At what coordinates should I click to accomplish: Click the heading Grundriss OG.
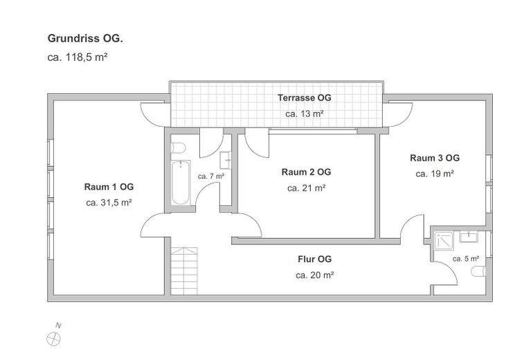click(85, 39)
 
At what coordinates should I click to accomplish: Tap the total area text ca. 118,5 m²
click(78, 57)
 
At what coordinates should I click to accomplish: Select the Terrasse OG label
click(304, 98)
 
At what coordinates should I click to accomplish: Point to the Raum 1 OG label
click(109, 186)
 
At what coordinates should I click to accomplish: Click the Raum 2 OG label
click(306, 172)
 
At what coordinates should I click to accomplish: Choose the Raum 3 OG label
click(435, 158)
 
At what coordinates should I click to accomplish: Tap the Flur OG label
click(314, 259)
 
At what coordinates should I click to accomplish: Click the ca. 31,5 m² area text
click(109, 203)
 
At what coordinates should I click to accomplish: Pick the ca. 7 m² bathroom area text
click(211, 176)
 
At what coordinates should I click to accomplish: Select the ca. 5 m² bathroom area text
click(466, 259)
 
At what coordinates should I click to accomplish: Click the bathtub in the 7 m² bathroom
click(181, 183)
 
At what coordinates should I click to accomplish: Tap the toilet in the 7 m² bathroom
click(178, 147)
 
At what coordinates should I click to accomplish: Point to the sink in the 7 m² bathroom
click(225, 161)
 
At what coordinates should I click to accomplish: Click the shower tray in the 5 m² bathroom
click(444, 241)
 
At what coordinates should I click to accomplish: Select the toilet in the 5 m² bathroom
click(478, 271)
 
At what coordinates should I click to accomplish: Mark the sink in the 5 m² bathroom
click(469, 236)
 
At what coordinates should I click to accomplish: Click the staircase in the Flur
click(184, 271)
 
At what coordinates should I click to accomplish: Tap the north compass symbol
click(53, 339)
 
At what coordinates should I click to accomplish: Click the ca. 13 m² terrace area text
click(304, 114)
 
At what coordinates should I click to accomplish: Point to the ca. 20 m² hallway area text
click(314, 275)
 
